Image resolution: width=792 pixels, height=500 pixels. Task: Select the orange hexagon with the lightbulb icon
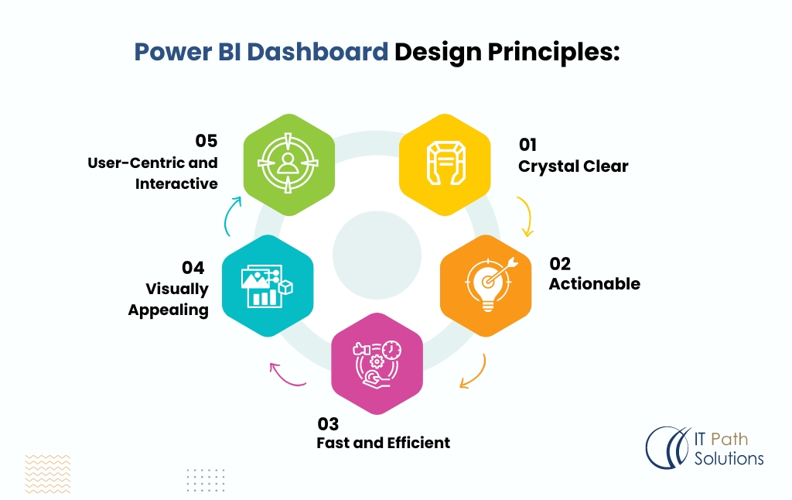point(486,284)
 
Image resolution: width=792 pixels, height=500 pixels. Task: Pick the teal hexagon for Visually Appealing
point(267,285)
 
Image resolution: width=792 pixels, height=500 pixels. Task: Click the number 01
point(527,145)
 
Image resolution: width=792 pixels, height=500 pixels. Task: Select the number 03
point(328,423)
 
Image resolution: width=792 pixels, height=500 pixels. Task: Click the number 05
point(207,141)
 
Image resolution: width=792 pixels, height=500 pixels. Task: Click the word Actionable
point(594,284)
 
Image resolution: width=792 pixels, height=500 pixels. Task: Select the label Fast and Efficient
point(383,443)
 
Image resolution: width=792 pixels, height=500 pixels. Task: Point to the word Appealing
point(168,310)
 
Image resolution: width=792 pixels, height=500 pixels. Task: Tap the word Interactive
point(176,183)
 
